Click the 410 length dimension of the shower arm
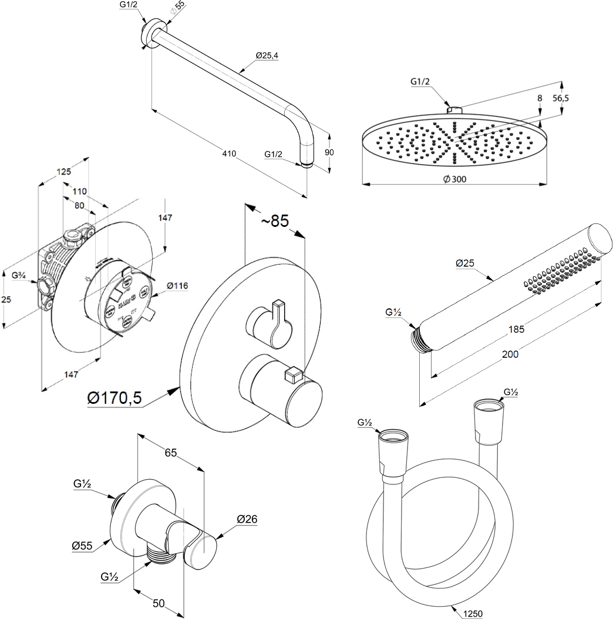(229, 153)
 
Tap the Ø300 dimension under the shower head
(454, 179)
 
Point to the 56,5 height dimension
(561, 99)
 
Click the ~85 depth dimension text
(275, 221)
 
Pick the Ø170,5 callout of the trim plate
(114, 398)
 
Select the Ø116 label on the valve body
(177, 286)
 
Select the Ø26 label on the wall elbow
(247, 519)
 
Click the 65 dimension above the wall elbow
(171, 453)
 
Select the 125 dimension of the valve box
(64, 172)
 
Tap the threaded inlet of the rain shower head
(454, 109)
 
